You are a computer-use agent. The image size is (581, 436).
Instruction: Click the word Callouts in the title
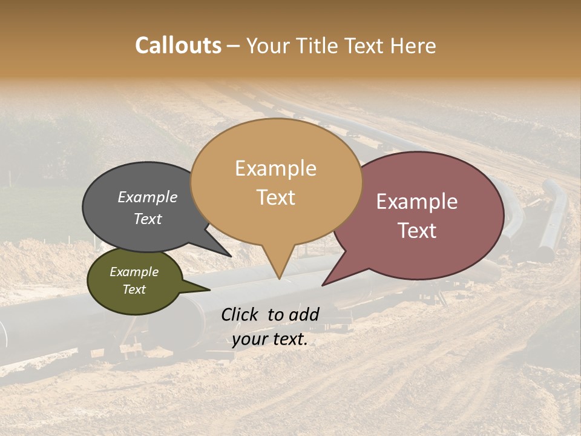178,45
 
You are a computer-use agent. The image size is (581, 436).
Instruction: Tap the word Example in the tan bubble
275,168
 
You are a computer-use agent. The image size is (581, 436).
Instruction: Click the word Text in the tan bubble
275,197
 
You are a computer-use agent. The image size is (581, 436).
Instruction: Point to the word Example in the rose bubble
417,202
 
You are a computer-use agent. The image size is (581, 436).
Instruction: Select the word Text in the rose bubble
417,230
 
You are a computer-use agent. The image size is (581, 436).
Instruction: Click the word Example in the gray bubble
147,197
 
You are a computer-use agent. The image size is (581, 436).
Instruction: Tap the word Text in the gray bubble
147,219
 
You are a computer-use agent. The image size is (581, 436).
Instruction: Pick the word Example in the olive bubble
134,272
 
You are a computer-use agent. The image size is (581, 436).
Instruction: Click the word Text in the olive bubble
134,289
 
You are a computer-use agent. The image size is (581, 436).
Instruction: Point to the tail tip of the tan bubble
278,278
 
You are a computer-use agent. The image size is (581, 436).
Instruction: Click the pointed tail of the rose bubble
324,284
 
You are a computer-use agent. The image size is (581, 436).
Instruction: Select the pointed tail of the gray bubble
229,256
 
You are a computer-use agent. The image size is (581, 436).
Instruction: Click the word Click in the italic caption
240,314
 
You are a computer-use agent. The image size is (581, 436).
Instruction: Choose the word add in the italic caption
304,314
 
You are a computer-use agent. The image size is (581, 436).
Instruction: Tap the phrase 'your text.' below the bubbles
269,339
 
